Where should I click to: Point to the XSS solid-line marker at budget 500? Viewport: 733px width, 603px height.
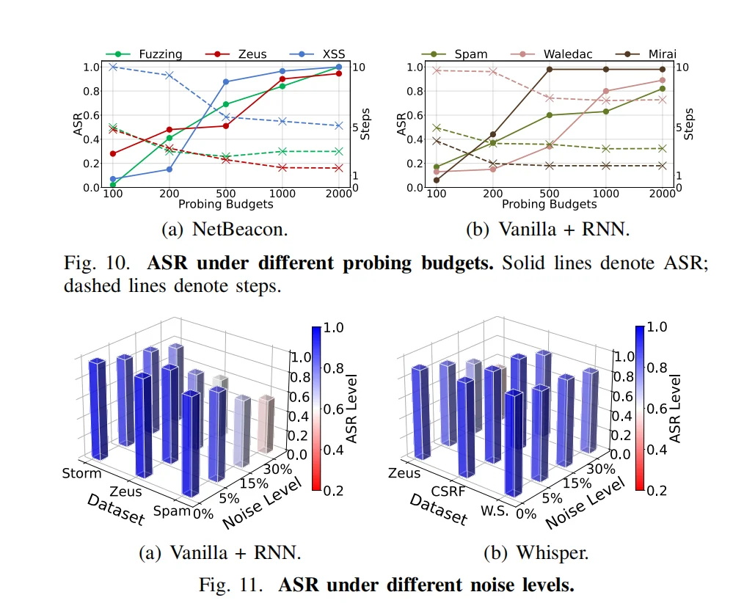[226, 81]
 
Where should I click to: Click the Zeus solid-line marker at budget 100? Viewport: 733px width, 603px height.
[113, 153]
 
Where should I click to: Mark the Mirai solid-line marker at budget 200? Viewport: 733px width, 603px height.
[493, 134]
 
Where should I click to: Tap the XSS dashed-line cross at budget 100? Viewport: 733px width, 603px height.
[113, 67]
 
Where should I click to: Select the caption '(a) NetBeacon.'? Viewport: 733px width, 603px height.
[225, 229]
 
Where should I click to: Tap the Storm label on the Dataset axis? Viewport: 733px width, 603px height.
[81, 473]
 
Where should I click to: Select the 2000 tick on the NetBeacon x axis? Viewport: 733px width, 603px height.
[338, 193]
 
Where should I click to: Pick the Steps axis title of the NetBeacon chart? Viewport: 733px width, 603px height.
[365, 125]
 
